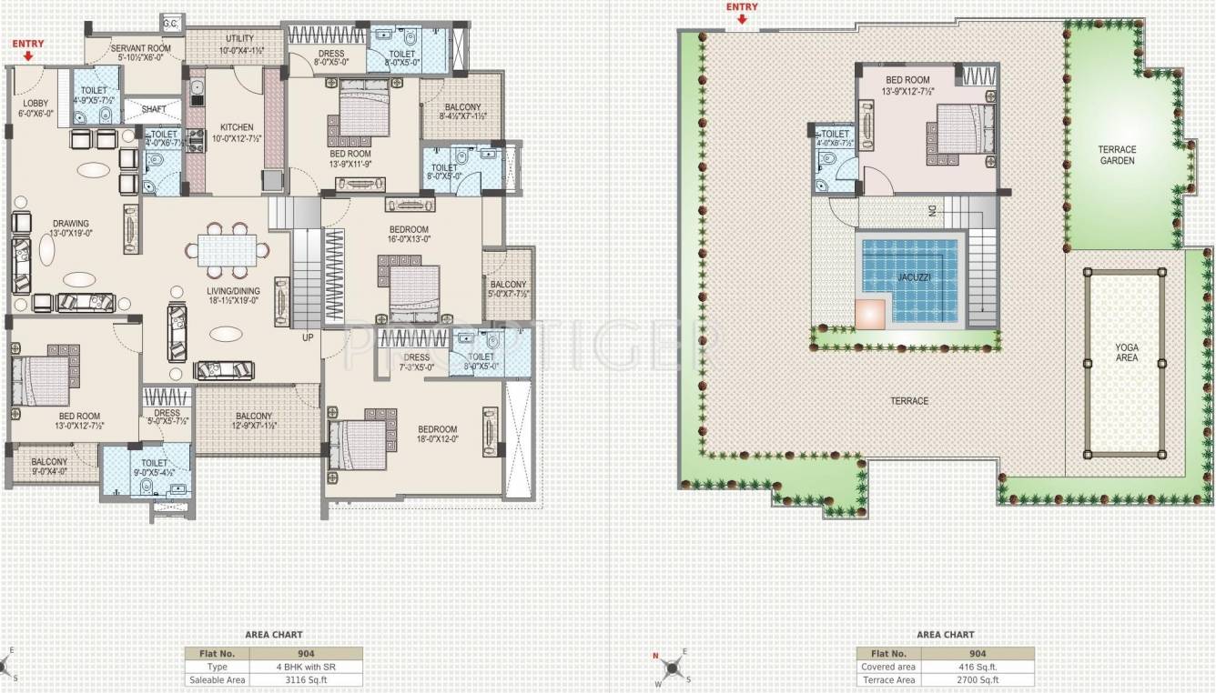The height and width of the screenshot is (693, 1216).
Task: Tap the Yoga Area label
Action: (x=1127, y=352)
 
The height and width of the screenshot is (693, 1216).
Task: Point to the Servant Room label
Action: (x=141, y=49)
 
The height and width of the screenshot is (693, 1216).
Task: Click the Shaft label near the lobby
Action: (x=154, y=109)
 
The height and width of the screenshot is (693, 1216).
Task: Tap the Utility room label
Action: (x=240, y=39)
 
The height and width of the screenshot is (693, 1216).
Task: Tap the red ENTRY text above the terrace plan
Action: (x=742, y=7)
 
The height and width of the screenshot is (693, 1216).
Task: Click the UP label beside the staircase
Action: (x=309, y=337)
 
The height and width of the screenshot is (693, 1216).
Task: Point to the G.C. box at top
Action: (x=170, y=22)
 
